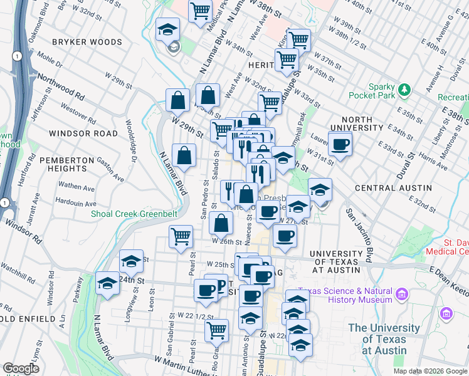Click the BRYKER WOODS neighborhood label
(87, 42)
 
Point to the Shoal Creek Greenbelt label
(134, 214)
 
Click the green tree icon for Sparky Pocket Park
(404, 90)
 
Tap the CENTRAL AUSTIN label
(393, 188)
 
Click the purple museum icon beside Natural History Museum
(402, 294)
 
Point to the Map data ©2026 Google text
(430, 370)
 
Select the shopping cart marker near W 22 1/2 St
(217, 329)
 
